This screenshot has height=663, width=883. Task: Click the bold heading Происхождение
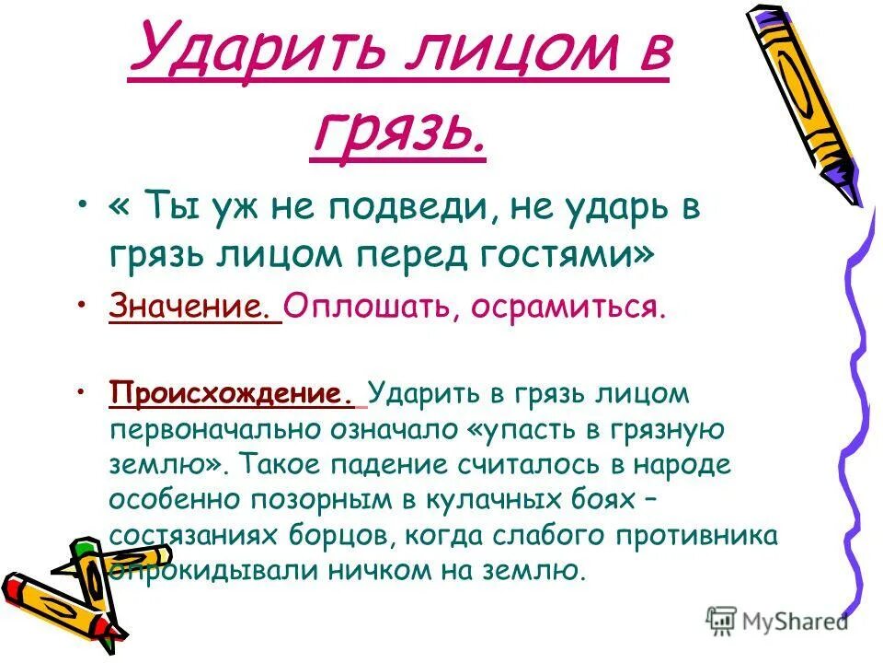tap(231, 394)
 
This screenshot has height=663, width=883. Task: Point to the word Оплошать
tap(364, 307)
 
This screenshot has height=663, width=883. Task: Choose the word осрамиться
tap(568, 307)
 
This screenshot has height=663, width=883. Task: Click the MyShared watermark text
tap(789, 622)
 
